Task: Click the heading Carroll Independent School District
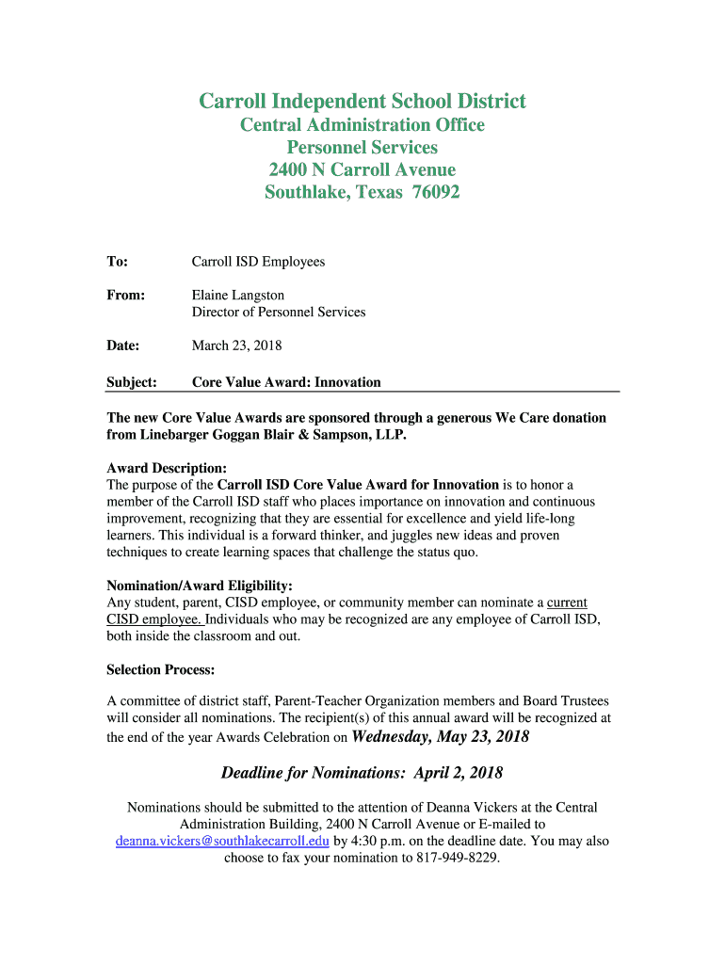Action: (362, 102)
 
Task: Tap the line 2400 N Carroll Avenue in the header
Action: (362, 170)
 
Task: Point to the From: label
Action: (125, 296)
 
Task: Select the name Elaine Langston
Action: (238, 296)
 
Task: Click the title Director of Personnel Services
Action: (279, 312)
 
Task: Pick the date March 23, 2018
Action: (236, 345)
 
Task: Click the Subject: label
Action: (132, 382)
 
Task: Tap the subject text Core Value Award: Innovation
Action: (286, 382)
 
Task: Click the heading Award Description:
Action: (167, 468)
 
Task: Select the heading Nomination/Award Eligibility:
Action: (200, 585)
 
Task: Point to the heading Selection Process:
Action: (161, 670)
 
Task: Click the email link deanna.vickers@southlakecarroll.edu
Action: (222, 841)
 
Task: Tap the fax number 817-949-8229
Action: (455, 858)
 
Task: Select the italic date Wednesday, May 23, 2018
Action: (441, 736)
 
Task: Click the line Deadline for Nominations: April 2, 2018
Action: (362, 773)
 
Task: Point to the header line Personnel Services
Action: (362, 148)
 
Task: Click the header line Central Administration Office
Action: (362, 125)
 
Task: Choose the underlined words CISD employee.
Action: (153, 619)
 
